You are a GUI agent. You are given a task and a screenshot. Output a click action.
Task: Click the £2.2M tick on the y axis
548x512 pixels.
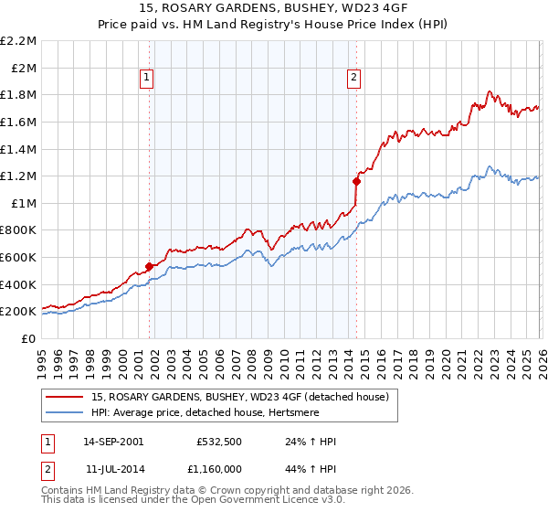(x=18, y=41)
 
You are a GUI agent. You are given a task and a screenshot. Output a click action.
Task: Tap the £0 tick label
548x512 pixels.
(x=28, y=338)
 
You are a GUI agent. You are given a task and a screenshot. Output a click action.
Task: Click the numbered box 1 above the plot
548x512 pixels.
(x=148, y=78)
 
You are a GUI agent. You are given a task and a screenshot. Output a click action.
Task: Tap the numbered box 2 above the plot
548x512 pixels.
(x=353, y=78)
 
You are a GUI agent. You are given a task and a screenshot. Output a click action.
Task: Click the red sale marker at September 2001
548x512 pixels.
(x=149, y=267)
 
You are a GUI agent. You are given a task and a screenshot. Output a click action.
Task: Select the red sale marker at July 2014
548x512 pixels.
(x=356, y=181)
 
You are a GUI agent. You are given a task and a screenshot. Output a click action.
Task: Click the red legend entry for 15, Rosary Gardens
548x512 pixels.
(x=240, y=397)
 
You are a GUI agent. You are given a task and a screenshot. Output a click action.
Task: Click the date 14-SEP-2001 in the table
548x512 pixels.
(x=113, y=442)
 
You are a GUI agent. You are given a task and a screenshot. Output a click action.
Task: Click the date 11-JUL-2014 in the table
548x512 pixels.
(x=112, y=469)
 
